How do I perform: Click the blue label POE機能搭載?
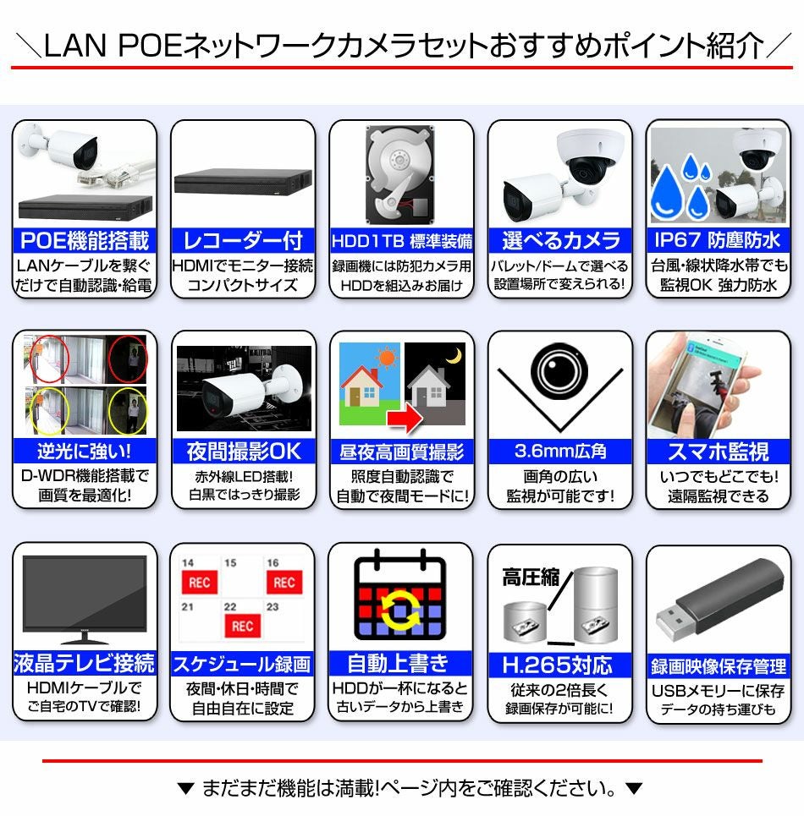click(85, 240)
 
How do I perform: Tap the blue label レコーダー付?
click(243, 240)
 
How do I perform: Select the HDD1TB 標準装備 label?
click(401, 240)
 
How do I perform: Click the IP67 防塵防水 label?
click(718, 240)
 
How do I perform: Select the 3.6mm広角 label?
click(559, 452)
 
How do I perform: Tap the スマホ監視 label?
click(718, 452)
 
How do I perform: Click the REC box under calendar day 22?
click(242, 626)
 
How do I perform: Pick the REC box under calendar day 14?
click(200, 583)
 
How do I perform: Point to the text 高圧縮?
click(531, 578)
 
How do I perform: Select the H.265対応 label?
click(559, 664)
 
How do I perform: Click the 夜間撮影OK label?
click(243, 452)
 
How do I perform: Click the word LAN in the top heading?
click(74, 46)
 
